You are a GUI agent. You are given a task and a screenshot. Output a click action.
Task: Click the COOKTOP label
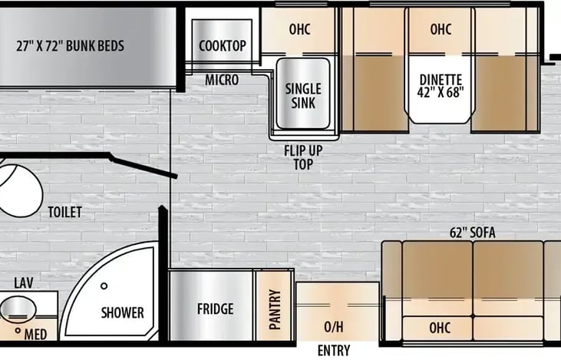[223, 46]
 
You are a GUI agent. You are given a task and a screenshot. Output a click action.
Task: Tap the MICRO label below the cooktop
[222, 80]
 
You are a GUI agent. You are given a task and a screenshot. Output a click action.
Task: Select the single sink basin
[303, 93]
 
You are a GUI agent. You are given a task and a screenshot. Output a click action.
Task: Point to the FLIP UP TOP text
[303, 157]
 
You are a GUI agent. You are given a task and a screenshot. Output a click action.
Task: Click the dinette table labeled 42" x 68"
[441, 90]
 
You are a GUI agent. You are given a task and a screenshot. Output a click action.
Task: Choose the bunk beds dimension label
[70, 46]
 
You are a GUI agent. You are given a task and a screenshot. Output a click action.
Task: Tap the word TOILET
[64, 212]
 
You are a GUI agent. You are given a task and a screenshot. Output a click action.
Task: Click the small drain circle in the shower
[104, 286]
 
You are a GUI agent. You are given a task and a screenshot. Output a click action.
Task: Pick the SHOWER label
[122, 312]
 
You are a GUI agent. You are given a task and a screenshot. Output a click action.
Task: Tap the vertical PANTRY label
[275, 309]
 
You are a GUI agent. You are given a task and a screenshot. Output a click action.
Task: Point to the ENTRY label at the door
[334, 350]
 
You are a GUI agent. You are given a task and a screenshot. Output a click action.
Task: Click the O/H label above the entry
[333, 327]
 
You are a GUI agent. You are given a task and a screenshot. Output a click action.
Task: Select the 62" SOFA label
[473, 233]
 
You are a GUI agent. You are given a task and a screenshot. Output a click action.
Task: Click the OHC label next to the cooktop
[299, 29]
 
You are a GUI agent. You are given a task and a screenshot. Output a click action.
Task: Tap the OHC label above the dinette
[441, 29]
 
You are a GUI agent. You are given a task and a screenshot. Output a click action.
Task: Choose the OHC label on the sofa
[440, 328]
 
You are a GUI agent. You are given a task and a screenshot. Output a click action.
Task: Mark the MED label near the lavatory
[35, 335]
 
